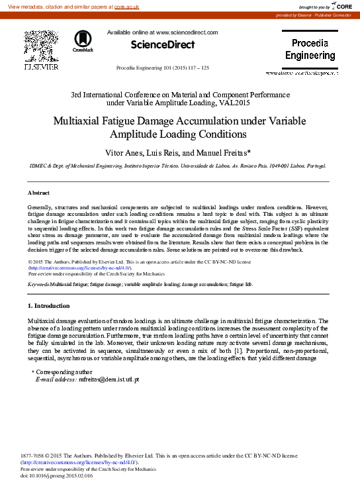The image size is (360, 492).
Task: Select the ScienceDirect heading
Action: pos(163,45)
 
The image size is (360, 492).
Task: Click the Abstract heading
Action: pos(38,193)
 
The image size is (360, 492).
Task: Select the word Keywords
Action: pos(38,283)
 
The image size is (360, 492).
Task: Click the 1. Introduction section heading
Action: pos(48,306)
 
